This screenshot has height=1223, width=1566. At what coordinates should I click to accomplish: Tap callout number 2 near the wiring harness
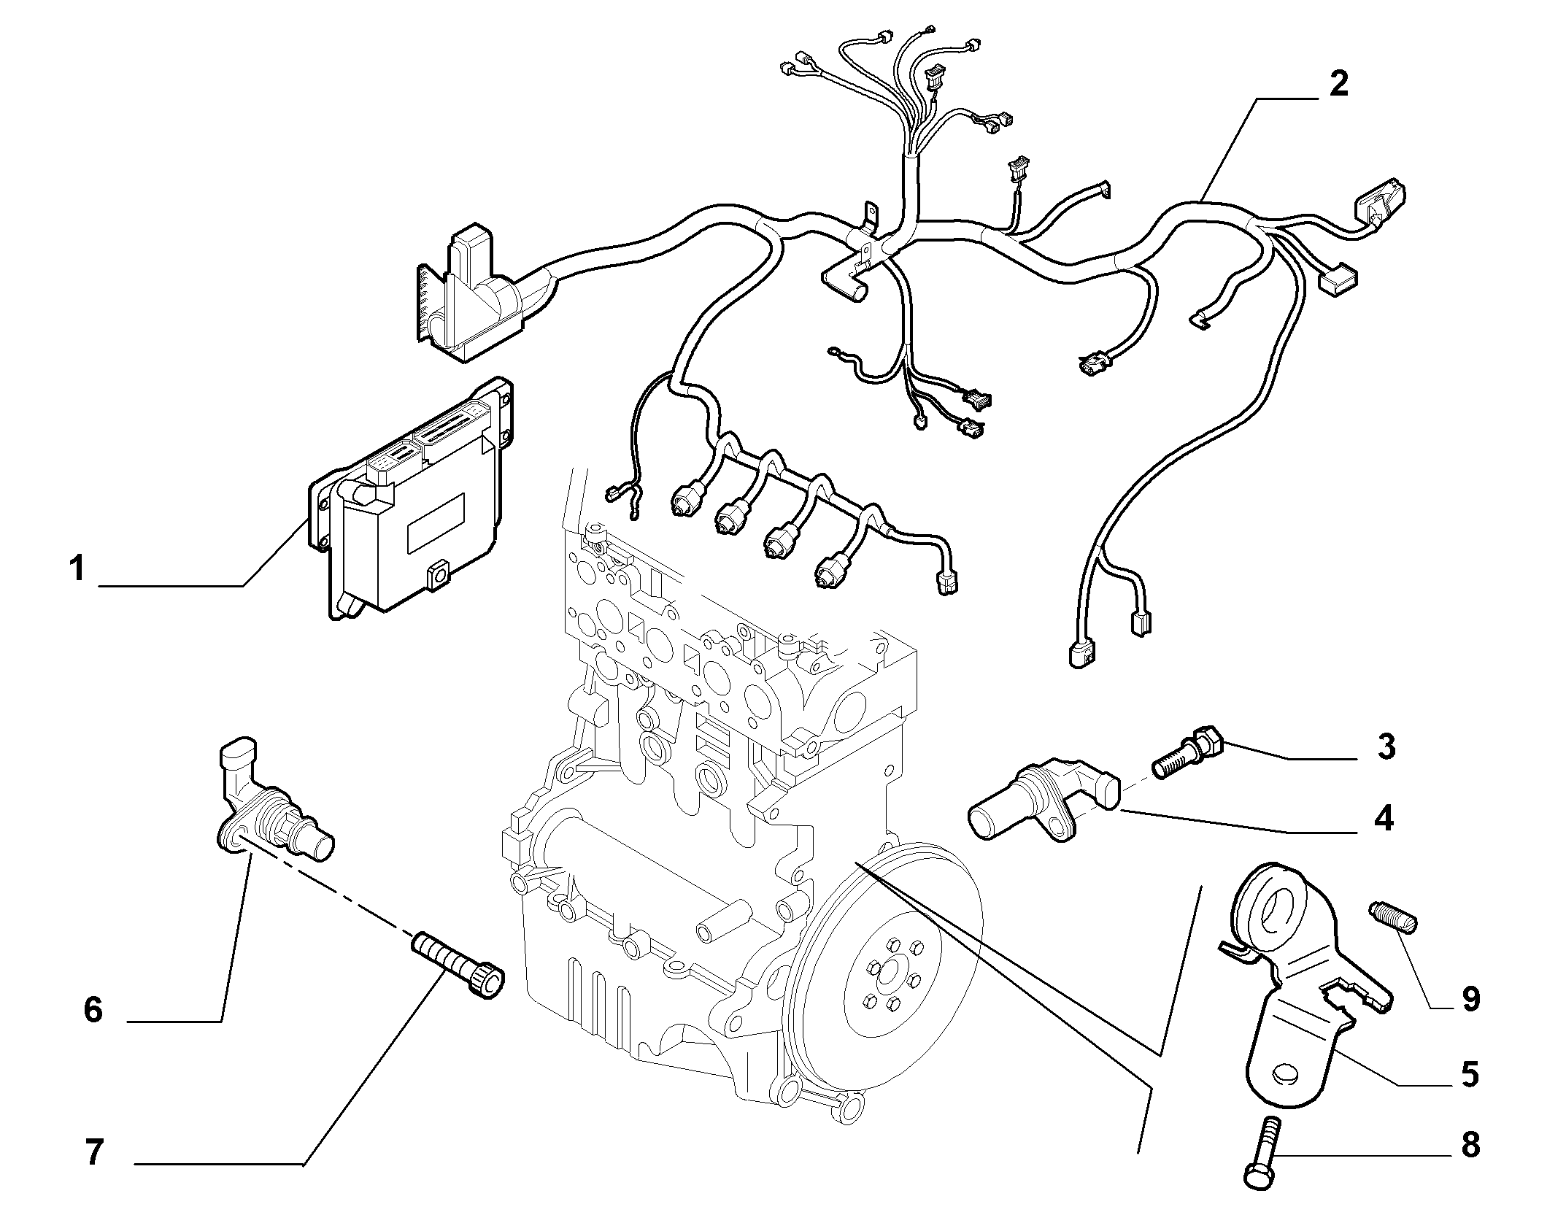(x=1338, y=85)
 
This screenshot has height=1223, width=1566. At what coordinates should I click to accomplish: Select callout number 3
(x=1386, y=747)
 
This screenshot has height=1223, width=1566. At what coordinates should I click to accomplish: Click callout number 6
(x=93, y=1011)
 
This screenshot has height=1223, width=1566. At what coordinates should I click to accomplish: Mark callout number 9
(x=1470, y=999)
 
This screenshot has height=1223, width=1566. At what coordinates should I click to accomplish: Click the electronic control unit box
(x=412, y=496)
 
